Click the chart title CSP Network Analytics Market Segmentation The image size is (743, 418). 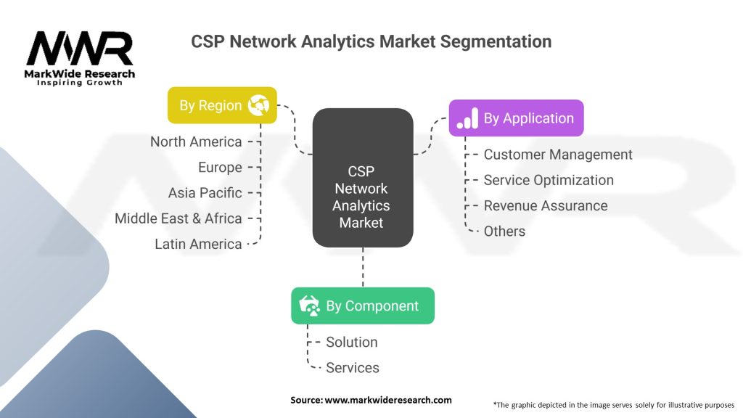pyautogui.click(x=371, y=41)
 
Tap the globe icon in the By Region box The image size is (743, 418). pyautogui.click(x=258, y=105)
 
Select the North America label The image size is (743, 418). pyautogui.click(x=196, y=142)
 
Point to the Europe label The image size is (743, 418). pyautogui.click(x=220, y=168)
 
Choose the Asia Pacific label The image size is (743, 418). pyautogui.click(x=205, y=193)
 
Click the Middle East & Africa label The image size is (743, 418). pyautogui.click(x=178, y=218)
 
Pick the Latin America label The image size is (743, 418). pyautogui.click(x=198, y=244)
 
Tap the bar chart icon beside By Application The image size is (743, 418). pyautogui.click(x=467, y=118)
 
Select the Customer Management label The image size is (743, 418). pyautogui.click(x=558, y=155)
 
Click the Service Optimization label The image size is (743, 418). pyautogui.click(x=549, y=180)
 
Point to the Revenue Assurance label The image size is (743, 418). pyautogui.click(x=546, y=205)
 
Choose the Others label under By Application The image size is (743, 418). pyautogui.click(x=504, y=231)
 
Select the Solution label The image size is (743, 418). pyautogui.click(x=352, y=342)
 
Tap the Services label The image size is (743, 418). pyautogui.click(x=353, y=368)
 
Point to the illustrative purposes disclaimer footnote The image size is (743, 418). pyautogui.click(x=613, y=404)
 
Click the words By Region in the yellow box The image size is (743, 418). pyautogui.click(x=210, y=106)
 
